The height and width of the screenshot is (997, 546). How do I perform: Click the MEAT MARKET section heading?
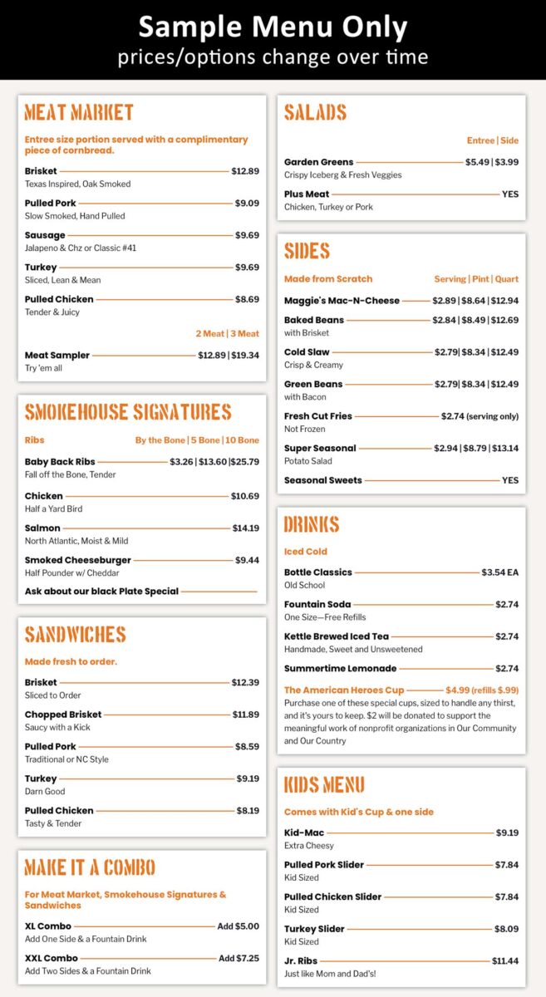coord(79,113)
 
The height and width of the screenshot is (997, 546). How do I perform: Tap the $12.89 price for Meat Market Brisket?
coord(245,171)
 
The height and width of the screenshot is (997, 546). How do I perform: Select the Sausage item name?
coord(45,235)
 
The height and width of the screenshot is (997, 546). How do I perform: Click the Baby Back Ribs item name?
coord(60,461)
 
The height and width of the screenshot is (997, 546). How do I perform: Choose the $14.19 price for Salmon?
coord(245,528)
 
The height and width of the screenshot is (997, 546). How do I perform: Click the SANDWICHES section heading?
coord(76,635)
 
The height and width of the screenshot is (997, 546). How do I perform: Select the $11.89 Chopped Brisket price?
coord(245,715)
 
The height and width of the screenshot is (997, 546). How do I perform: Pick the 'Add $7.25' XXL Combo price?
coord(239,958)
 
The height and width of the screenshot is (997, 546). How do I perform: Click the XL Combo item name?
coord(48,926)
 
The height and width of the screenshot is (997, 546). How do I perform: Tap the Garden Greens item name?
coord(318,162)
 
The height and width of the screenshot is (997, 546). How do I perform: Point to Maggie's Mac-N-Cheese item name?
coord(342,301)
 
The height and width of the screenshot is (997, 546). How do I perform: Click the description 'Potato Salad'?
coord(307,461)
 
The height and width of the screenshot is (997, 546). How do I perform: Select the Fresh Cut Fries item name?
coord(318,415)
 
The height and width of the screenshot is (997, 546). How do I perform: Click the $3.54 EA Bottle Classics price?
coord(499,572)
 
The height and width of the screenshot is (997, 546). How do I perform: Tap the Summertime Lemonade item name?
coord(340,668)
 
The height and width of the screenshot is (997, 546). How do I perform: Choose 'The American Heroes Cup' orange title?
coord(344,690)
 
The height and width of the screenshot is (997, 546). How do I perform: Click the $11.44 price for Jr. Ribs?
coord(504,960)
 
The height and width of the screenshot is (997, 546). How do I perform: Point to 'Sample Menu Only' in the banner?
coord(273,27)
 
